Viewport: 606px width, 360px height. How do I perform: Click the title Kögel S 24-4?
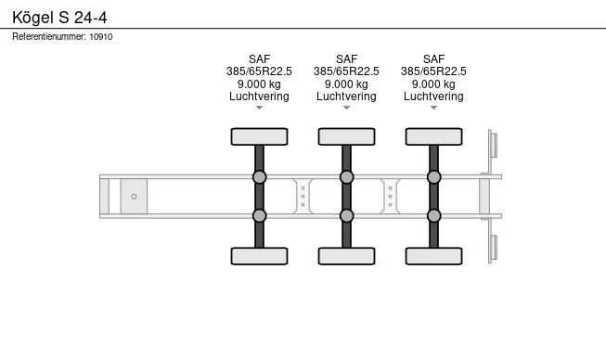coord(59,18)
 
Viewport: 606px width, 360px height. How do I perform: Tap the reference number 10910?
coord(101,37)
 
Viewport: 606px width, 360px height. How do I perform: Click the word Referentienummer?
coord(48,37)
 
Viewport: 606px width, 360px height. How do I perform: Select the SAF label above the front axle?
coord(259,59)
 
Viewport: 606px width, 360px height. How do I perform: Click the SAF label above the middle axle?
coord(347,59)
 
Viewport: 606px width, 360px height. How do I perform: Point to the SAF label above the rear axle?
coord(433,59)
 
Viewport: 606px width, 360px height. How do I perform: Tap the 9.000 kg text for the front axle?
coord(259,84)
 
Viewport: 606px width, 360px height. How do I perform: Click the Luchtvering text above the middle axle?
coord(346,96)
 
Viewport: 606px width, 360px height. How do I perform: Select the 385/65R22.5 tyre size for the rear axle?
coord(433,71)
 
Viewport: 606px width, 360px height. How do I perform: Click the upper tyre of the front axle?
coord(259,136)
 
